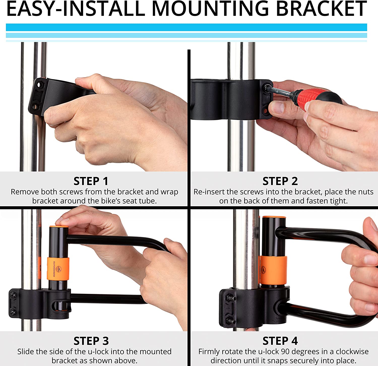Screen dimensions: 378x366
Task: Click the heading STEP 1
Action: click(x=91, y=181)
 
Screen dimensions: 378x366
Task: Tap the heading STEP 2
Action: click(x=280, y=181)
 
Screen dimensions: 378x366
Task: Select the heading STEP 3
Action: click(x=91, y=341)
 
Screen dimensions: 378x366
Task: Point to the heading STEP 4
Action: click(x=280, y=341)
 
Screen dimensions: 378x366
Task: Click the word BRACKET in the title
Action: click(x=322, y=9)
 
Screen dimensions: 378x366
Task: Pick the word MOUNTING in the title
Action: click(x=210, y=9)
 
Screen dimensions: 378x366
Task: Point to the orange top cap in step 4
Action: click(x=274, y=218)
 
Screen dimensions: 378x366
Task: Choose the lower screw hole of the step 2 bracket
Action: click(x=265, y=110)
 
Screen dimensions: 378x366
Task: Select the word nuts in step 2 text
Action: click(x=365, y=192)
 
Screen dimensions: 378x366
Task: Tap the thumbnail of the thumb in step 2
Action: click(x=278, y=107)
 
